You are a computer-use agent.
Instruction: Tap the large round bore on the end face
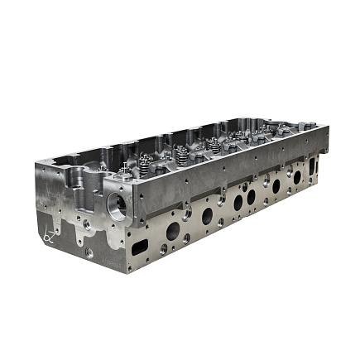point(117,202)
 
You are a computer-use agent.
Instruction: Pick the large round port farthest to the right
point(296,176)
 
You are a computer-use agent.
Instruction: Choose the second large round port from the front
point(207,217)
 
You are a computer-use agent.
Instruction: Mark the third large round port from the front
point(238,202)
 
